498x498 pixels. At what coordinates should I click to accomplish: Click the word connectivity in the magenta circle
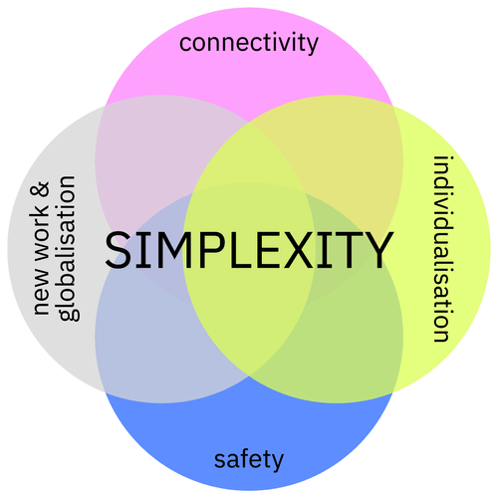pos(249,43)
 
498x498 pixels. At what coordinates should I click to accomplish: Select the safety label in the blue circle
pos(249,459)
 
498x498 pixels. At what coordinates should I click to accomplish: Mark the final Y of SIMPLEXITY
pos(376,251)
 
